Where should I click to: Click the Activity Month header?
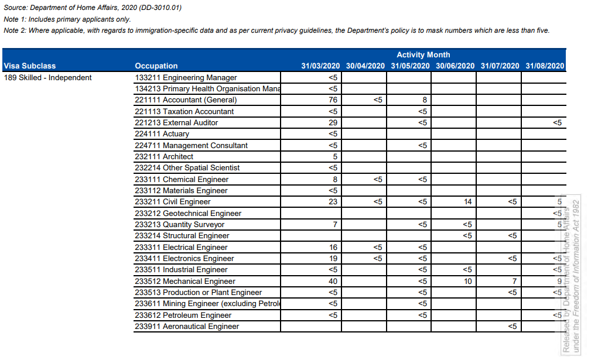click(423, 54)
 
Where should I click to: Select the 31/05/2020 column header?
click(410, 66)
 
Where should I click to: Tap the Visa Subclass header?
click(30, 66)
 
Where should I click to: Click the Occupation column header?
click(156, 66)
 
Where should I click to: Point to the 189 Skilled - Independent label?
click(47, 77)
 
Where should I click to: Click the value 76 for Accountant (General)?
click(333, 100)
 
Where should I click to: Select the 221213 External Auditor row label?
click(176, 123)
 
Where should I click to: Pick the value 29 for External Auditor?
click(333, 123)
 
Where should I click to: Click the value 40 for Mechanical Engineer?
click(333, 281)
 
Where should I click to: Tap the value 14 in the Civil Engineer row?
click(467, 202)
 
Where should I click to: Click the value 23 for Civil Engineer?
click(333, 202)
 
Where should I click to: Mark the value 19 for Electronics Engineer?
click(333, 258)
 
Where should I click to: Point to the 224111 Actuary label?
click(162, 134)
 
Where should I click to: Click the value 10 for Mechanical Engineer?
click(467, 281)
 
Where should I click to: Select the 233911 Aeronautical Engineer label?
click(187, 327)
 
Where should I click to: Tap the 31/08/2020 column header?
click(545, 66)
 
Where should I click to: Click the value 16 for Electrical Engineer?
click(333, 247)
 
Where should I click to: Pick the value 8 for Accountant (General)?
click(422, 100)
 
